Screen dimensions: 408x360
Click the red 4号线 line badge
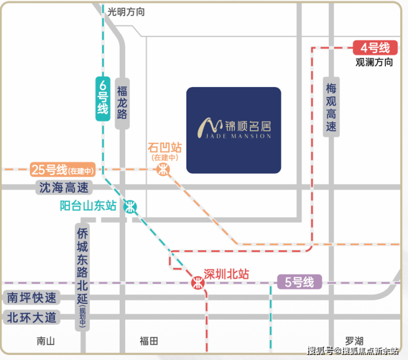(x=375, y=47)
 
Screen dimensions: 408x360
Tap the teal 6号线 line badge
(x=103, y=99)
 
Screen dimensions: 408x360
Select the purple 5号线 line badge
(x=299, y=282)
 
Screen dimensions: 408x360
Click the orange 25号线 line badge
(x=63, y=170)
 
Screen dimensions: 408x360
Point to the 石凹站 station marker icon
(x=163, y=170)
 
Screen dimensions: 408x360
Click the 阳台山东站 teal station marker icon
(x=130, y=207)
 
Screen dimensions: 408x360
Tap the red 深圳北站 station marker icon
(x=198, y=283)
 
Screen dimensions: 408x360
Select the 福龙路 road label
(x=122, y=103)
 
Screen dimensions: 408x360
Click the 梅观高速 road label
(x=331, y=107)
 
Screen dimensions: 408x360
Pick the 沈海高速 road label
(x=64, y=187)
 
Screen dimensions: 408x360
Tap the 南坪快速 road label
(x=32, y=297)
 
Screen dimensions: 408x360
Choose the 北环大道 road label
(x=32, y=317)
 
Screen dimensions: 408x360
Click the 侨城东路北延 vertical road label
(x=82, y=277)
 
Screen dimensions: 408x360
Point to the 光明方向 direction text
(x=126, y=12)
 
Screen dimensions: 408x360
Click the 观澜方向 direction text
(x=374, y=62)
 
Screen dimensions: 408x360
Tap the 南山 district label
(x=46, y=341)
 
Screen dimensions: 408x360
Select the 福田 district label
(x=149, y=341)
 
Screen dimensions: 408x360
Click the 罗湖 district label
(x=354, y=341)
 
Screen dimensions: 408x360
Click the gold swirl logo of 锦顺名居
(x=210, y=127)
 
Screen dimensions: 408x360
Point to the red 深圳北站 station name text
(x=227, y=274)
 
